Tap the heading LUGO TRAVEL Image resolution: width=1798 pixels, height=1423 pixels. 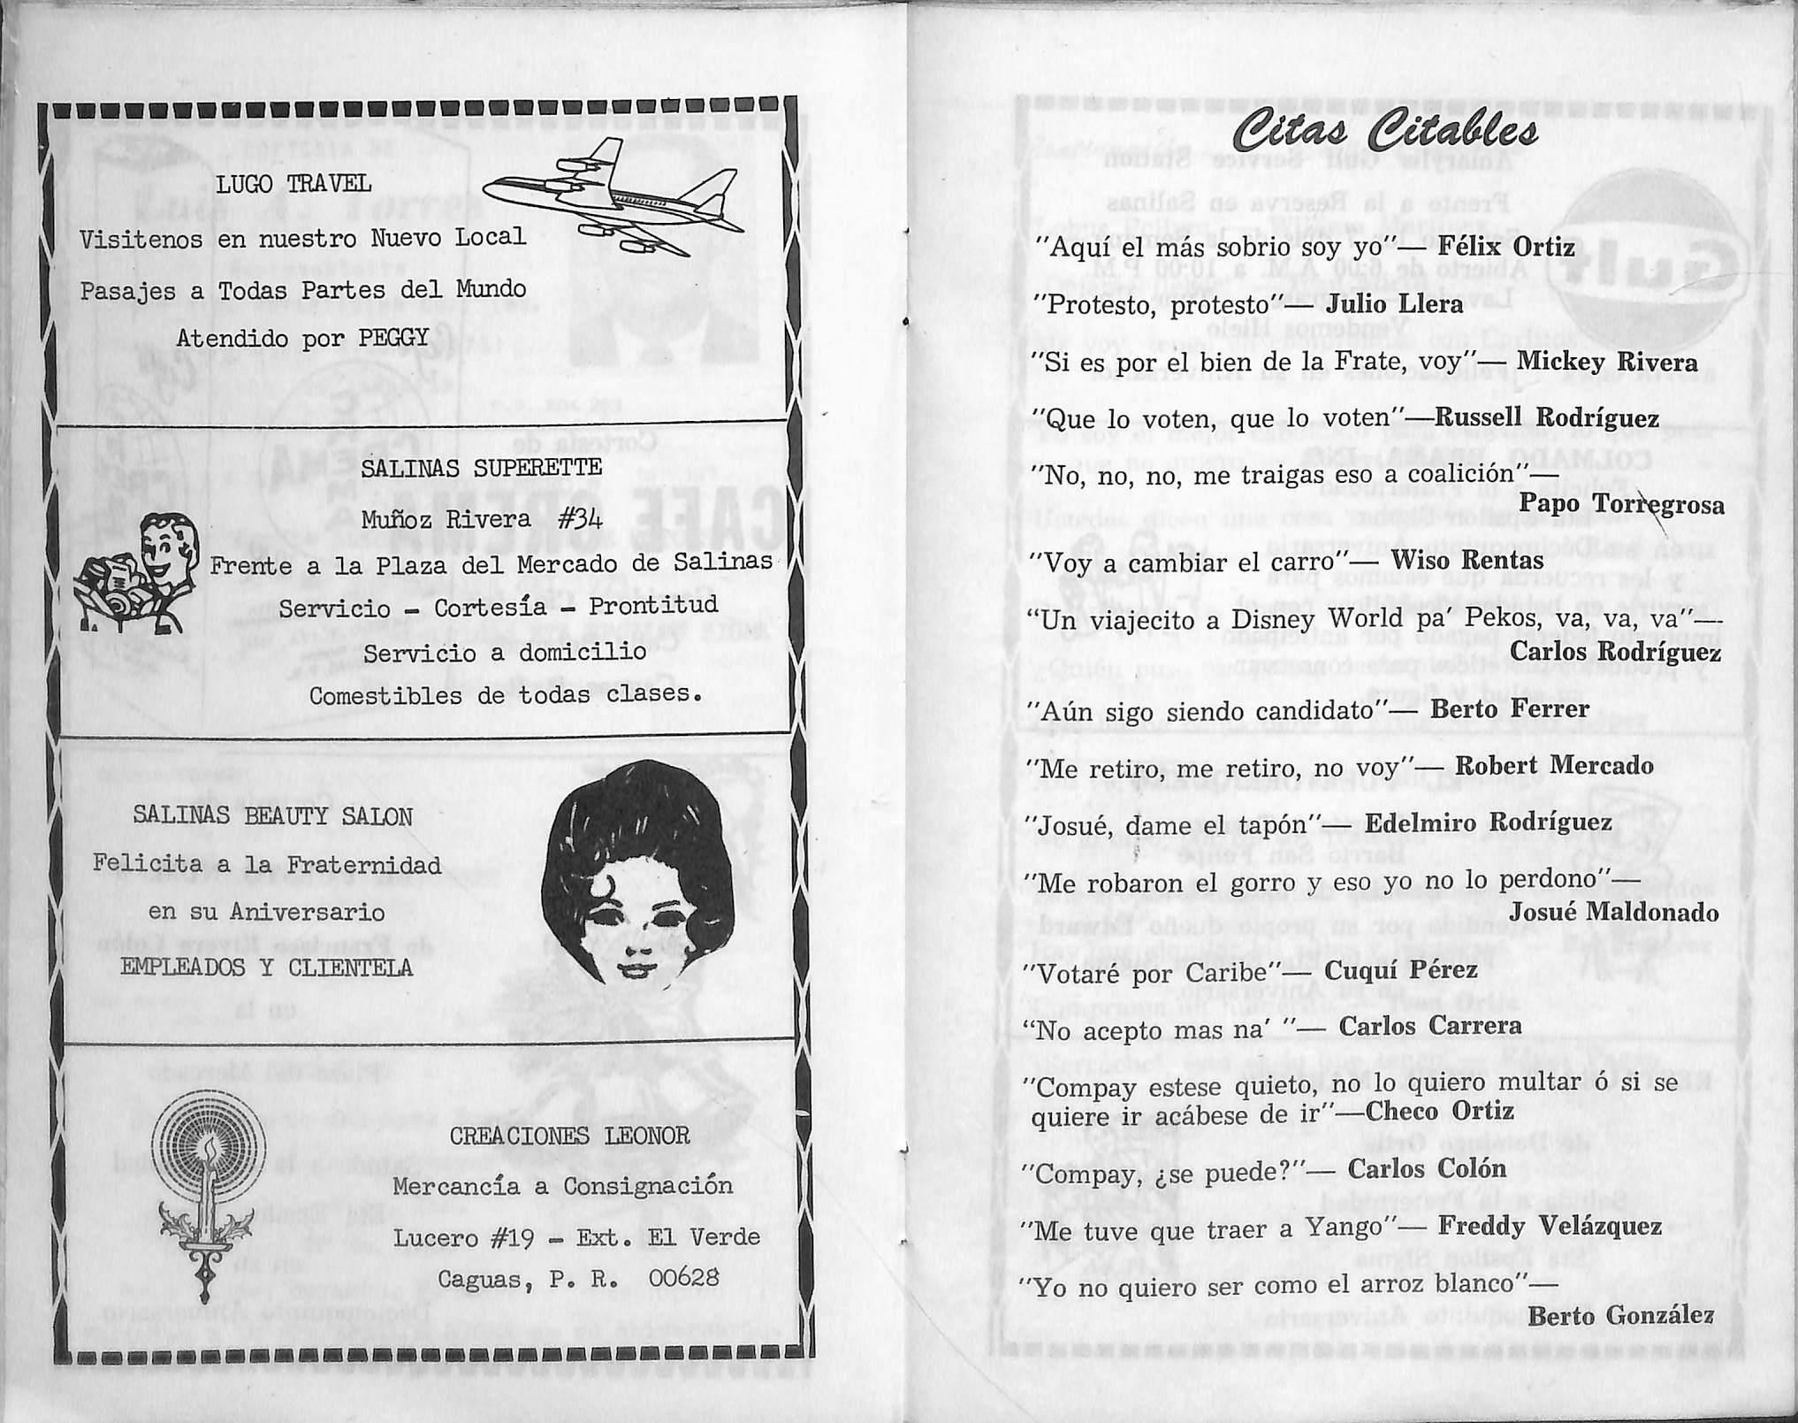tap(293, 185)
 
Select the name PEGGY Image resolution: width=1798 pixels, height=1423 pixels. tap(394, 339)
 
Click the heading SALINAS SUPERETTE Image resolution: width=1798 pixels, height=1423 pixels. tap(481, 468)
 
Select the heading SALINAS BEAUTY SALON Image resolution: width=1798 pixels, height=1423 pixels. tap(272, 815)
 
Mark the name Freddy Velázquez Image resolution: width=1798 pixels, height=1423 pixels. tap(1550, 1226)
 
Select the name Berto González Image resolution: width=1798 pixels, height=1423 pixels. tap(1620, 1315)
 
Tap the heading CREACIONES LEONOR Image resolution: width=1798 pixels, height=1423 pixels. tap(569, 1136)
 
